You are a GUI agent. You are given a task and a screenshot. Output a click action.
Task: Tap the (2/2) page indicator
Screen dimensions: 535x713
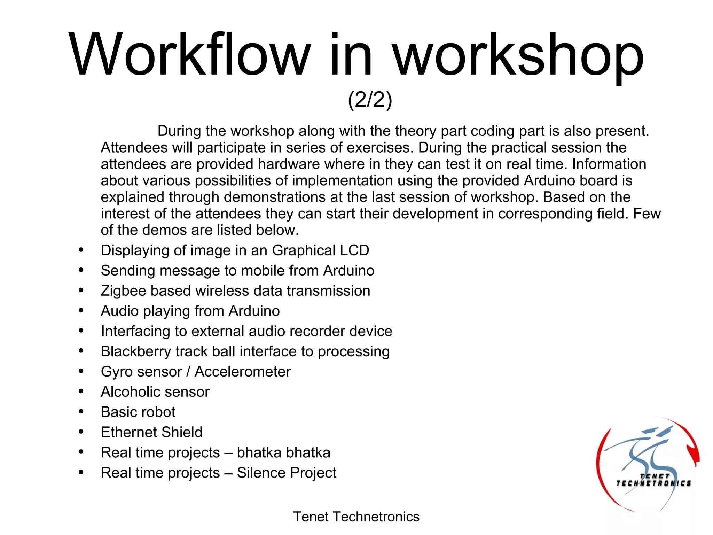(370, 100)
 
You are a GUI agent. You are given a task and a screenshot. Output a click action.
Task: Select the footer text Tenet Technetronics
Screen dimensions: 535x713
(356, 517)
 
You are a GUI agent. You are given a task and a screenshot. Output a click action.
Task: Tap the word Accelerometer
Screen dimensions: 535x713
(242, 372)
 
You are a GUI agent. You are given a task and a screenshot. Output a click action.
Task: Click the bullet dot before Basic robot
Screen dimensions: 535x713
(81, 412)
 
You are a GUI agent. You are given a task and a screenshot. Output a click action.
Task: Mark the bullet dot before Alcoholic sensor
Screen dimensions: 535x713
(81, 391)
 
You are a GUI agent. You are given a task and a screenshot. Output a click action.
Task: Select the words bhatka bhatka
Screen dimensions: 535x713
(283, 452)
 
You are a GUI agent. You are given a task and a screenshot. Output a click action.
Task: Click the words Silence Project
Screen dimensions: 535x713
(287, 473)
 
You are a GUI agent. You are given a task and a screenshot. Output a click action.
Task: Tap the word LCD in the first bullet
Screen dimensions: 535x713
(355, 250)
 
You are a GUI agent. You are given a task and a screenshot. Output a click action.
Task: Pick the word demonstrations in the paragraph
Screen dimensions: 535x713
(275, 197)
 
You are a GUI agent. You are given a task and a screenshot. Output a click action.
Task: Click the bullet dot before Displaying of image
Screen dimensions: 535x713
(81, 250)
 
